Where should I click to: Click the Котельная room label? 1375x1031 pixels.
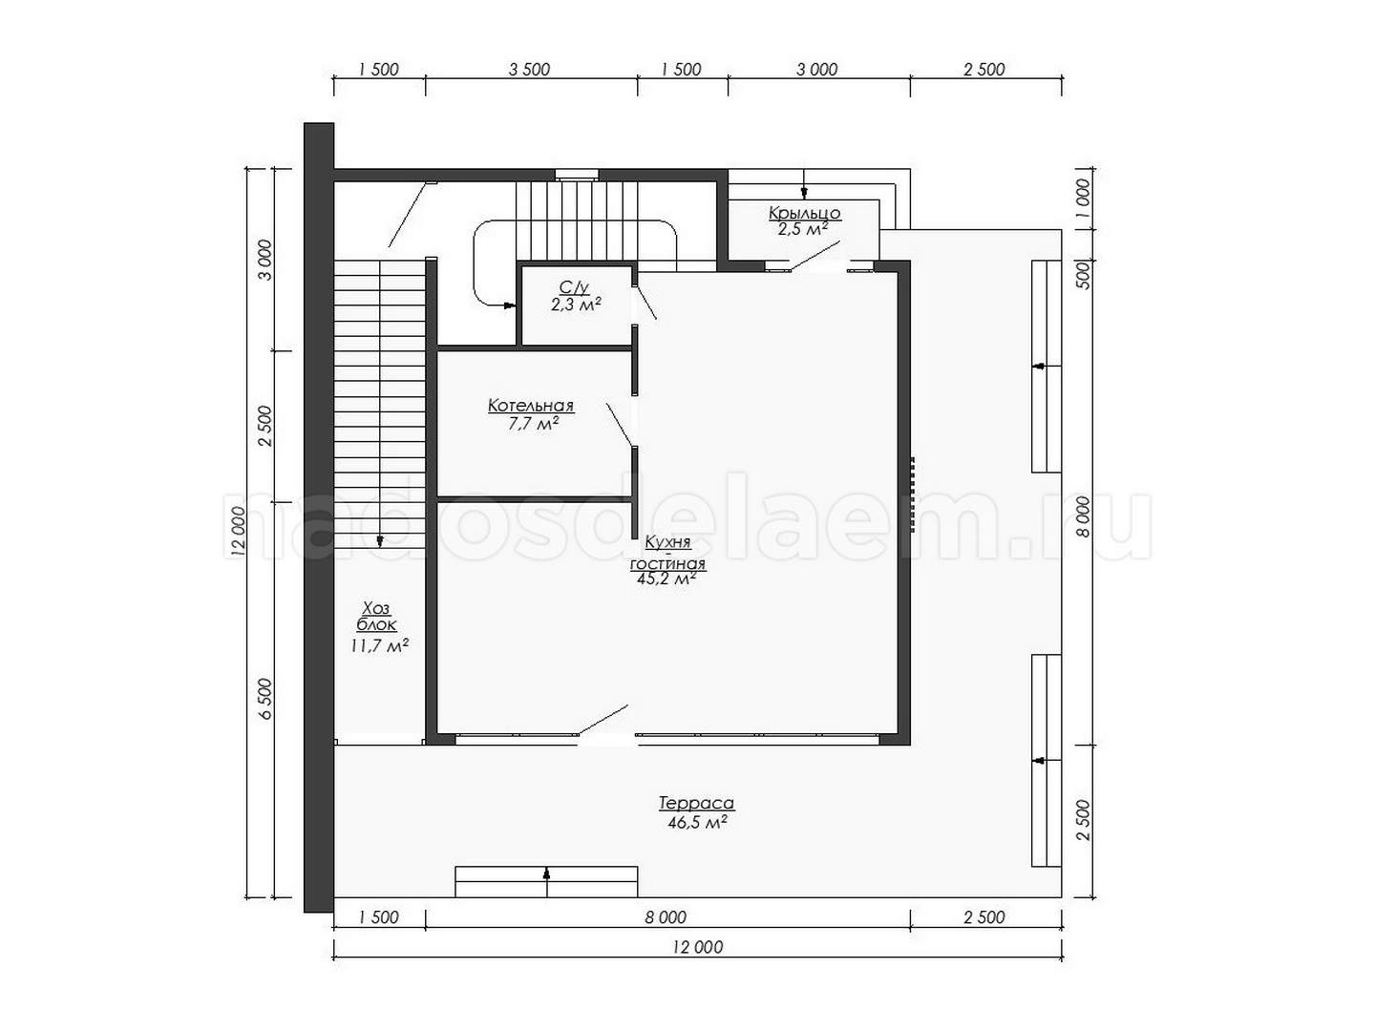tap(531, 406)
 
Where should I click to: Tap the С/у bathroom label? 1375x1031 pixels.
tap(574, 288)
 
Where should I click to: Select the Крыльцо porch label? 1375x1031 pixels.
tap(804, 214)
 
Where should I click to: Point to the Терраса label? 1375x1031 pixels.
tap(696, 803)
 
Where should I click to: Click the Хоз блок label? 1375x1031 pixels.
tap(377, 616)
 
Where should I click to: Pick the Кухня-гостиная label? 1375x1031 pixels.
tap(667, 553)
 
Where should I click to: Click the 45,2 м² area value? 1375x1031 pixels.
tap(666, 579)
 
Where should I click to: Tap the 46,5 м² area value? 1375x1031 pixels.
tap(697, 823)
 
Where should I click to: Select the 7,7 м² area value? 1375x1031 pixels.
tap(533, 424)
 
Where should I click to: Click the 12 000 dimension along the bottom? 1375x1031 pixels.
tap(698, 947)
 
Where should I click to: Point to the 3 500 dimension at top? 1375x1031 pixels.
tap(529, 70)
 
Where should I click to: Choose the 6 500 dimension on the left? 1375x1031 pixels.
tap(265, 699)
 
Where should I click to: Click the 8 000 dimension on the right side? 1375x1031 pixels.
tap(1084, 517)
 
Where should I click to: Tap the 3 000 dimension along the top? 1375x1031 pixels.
tap(816, 70)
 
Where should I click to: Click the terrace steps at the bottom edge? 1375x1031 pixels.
tap(546, 882)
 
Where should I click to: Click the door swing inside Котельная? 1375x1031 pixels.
tap(619, 426)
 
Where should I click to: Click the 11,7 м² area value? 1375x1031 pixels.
tap(380, 645)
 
